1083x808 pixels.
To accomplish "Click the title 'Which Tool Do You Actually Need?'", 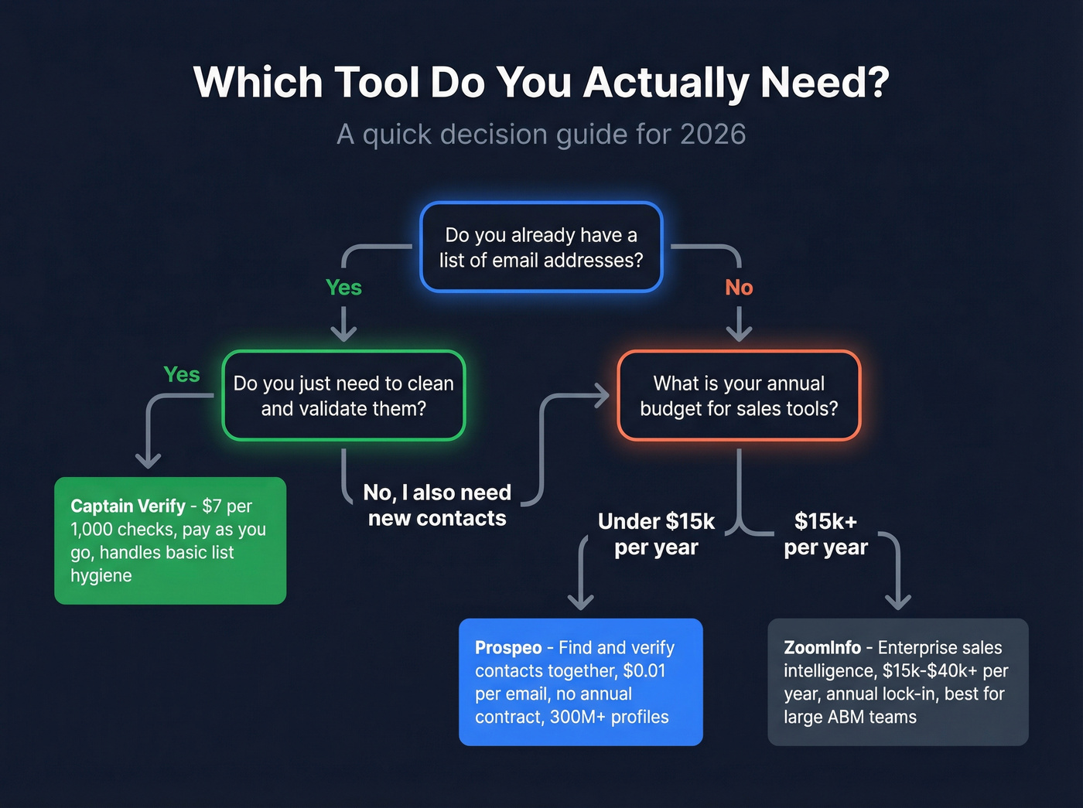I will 541,82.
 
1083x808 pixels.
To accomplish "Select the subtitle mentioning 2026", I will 541,135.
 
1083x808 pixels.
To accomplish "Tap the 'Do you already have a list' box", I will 541,247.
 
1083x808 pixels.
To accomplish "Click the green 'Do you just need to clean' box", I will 343,396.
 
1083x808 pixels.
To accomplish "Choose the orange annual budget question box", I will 739,396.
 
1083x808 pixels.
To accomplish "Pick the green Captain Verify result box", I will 170,540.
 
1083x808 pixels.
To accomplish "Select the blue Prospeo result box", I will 580,682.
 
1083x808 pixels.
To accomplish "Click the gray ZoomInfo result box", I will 897,682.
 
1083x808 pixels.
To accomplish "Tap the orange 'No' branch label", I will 739,288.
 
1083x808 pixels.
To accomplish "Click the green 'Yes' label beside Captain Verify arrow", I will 182,375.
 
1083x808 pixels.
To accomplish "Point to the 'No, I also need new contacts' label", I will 437,505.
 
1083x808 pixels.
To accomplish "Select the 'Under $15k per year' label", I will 656,534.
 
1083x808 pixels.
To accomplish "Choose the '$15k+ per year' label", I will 825,534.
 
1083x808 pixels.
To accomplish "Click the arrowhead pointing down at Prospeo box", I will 581,601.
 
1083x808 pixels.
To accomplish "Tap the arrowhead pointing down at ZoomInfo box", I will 897,601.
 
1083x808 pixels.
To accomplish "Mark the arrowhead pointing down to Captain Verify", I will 148,460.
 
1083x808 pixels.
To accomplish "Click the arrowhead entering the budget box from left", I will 603,396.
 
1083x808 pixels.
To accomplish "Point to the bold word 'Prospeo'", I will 508,648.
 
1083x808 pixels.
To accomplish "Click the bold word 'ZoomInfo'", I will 822,648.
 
